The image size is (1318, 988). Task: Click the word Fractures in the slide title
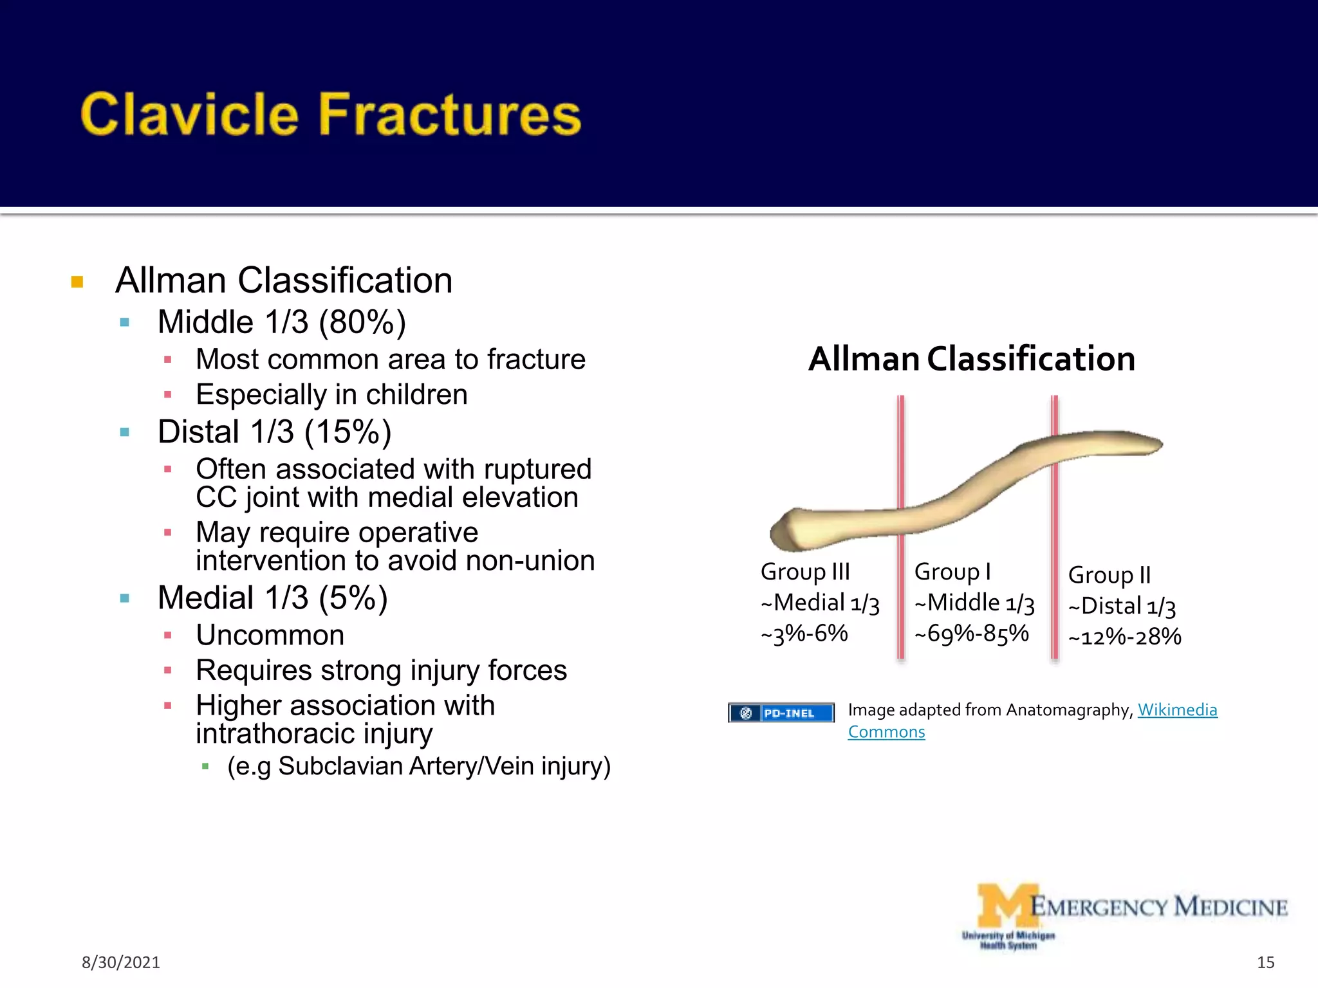pos(450,114)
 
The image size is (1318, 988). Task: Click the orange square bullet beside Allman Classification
pos(77,282)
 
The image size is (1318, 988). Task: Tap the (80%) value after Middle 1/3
pos(362,322)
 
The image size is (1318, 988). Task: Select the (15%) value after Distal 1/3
pos(348,432)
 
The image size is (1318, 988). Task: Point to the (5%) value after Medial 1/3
pos(353,598)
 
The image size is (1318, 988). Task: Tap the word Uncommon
pos(270,636)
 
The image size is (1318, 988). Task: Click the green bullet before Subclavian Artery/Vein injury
pos(205,766)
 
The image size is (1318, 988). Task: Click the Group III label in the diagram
pos(805,571)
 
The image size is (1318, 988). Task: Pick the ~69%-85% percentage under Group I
pos(972,634)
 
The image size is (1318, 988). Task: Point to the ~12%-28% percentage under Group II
pos(1125,637)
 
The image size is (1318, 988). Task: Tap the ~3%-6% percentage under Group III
pos(804,634)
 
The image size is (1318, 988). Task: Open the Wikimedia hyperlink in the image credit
pos(1177,709)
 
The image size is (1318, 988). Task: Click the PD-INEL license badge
pos(781,713)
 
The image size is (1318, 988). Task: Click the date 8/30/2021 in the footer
pos(120,962)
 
